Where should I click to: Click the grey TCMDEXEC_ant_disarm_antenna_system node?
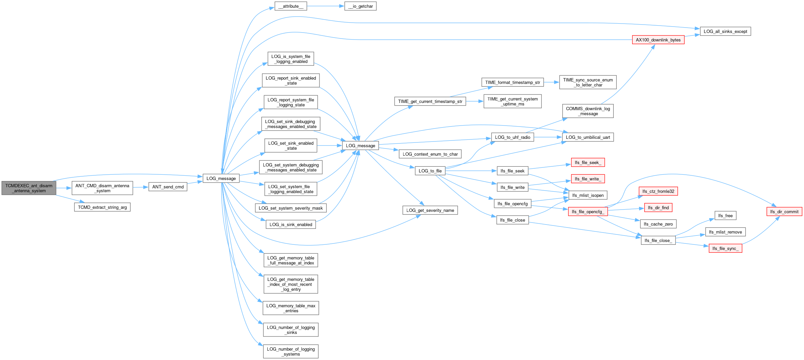29,188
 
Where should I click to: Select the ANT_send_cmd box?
168,187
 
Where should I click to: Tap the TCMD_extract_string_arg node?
102,207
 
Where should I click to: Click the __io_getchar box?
360,6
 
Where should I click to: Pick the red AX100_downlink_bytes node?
658,40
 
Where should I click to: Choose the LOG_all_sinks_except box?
725,32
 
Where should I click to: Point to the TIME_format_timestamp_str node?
512,82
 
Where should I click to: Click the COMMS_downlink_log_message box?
588,111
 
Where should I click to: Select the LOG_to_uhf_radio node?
512,137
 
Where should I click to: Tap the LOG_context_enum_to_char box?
430,154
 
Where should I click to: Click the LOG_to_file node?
430,171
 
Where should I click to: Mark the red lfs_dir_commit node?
784,212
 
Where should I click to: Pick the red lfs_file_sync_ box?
725,248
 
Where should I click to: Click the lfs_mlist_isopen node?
588,195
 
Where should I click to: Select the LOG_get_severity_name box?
430,210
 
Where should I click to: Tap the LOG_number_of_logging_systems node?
291,351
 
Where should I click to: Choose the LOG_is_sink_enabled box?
291,225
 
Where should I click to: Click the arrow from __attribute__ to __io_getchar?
325,6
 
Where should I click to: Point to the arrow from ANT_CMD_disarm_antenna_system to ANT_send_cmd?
140,187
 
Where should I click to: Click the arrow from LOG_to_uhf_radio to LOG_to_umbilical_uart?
548,137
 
